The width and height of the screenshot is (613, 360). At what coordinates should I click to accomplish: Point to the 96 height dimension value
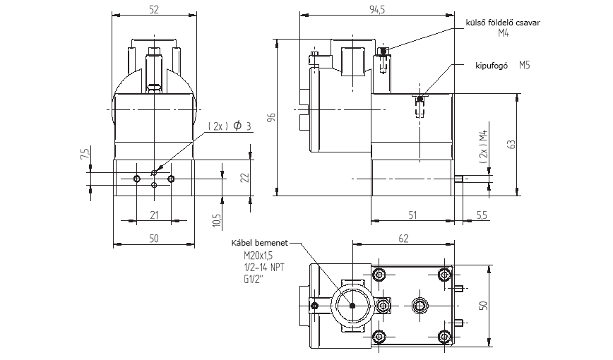point(270,118)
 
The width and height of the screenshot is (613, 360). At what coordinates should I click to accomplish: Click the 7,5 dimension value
point(85,153)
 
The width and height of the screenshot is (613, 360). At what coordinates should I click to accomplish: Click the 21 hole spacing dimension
point(154,214)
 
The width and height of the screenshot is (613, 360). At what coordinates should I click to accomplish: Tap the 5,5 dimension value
point(482,213)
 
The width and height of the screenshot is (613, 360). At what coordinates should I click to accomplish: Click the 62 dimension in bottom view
point(403,239)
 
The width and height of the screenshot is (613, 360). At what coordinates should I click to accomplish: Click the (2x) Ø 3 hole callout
point(230,126)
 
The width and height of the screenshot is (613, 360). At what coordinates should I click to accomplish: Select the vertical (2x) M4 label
point(482,147)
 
